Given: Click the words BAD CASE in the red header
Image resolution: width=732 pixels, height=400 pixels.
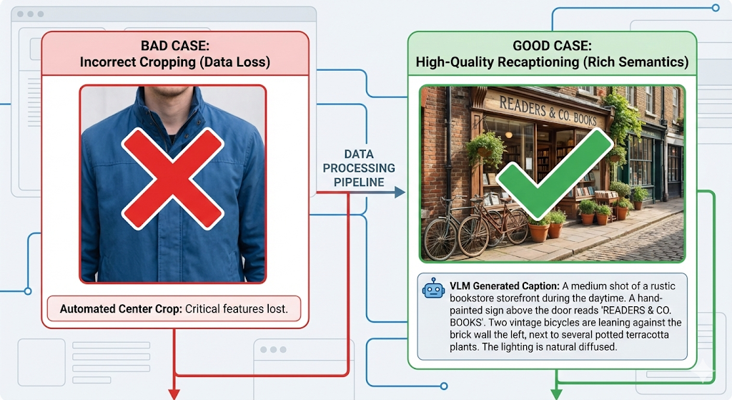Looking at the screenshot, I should tap(174, 46).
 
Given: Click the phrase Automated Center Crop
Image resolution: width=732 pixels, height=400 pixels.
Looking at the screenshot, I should tap(121, 309).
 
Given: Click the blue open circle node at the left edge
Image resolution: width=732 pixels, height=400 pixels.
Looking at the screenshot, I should tap(28, 291).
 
